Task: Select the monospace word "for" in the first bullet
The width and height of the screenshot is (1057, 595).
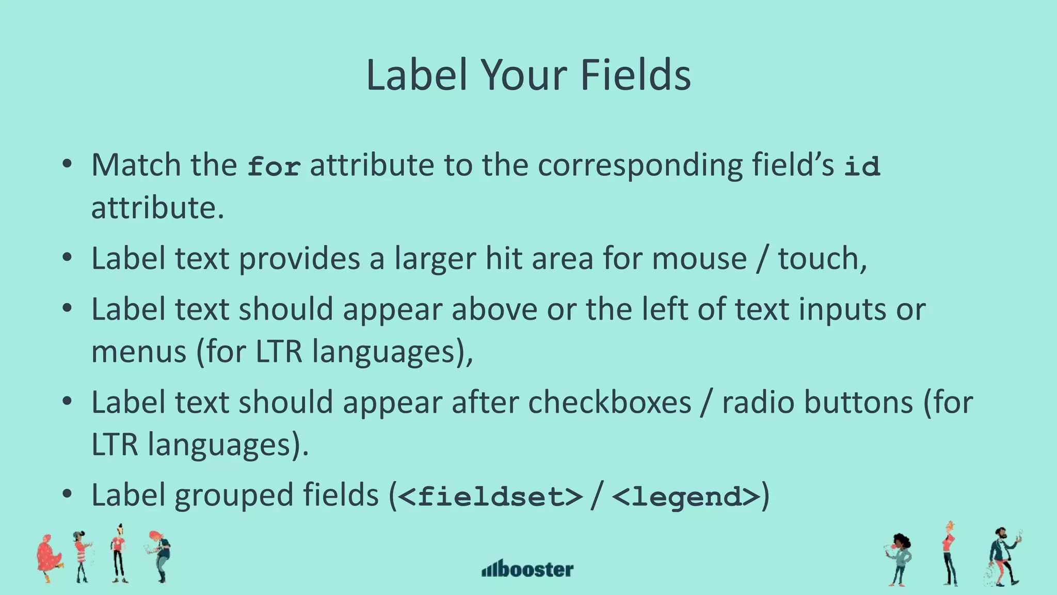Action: tap(274, 166)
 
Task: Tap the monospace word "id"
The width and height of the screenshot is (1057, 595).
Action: tap(862, 166)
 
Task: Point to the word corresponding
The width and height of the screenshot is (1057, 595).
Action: tap(640, 166)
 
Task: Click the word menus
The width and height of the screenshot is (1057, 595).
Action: tap(138, 352)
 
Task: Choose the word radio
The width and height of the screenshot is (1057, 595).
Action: tap(758, 402)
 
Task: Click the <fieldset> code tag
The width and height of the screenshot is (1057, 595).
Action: tap(491, 496)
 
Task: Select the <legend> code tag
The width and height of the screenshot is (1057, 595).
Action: tap(686, 496)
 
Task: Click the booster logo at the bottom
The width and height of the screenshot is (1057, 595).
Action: tap(527, 569)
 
